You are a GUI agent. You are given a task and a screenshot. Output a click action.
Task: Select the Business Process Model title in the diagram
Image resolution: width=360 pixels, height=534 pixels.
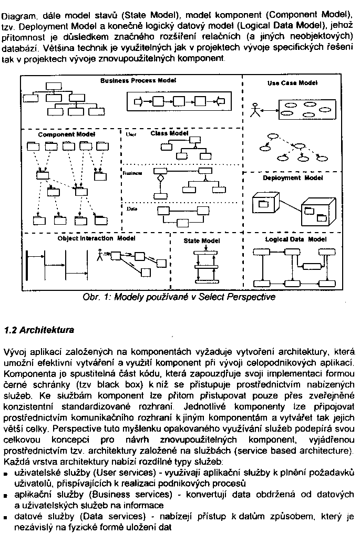[138, 80]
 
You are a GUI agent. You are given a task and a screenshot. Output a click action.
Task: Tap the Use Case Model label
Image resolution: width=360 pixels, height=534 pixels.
[292, 83]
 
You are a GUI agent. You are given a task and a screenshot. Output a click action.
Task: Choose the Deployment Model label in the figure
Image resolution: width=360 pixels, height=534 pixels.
[293, 178]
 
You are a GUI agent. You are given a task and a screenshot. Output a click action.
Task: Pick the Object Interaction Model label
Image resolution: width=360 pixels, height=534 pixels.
[96, 238]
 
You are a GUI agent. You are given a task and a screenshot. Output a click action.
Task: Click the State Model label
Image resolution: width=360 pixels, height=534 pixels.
[202, 240]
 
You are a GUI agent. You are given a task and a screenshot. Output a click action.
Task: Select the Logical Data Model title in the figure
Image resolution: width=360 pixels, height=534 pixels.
[296, 239]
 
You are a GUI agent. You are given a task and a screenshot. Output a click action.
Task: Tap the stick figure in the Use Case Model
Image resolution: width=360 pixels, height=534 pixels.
[256, 110]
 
